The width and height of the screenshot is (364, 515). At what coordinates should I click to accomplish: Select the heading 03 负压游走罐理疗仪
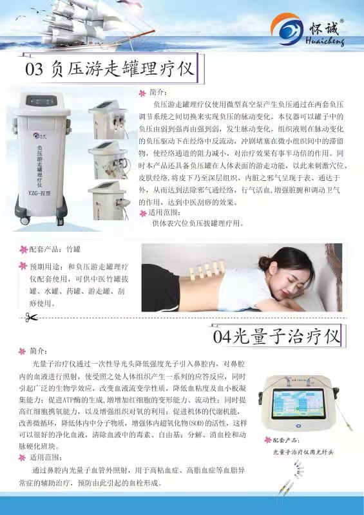pos(110,69)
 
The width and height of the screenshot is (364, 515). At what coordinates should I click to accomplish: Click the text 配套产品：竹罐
pos(57,248)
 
